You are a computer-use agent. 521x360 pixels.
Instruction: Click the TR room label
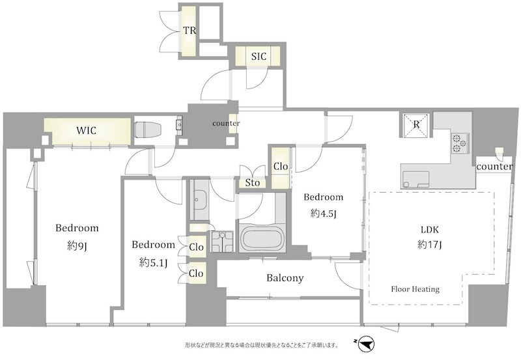(x=190, y=31)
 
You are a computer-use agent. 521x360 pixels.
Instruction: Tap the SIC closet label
(x=259, y=57)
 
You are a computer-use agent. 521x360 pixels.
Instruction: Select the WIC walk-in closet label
(x=87, y=130)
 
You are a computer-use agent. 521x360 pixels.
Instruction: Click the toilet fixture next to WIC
(x=148, y=129)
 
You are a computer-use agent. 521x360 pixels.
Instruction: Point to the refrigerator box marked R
(x=416, y=125)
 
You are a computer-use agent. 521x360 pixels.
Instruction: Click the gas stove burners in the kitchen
(x=460, y=143)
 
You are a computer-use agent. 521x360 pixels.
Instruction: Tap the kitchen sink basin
(x=415, y=180)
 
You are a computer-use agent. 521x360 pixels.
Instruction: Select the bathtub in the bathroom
(x=262, y=238)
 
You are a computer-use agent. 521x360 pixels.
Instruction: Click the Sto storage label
(x=252, y=183)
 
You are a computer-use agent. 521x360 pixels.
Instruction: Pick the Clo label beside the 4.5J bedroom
(x=281, y=166)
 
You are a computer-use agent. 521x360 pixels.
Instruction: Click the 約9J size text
(x=77, y=246)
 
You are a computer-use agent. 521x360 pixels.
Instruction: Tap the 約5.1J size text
(x=153, y=263)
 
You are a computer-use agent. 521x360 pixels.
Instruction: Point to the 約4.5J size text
(x=323, y=214)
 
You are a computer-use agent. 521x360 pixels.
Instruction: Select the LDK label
(x=430, y=229)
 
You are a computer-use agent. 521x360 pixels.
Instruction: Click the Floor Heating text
(x=415, y=289)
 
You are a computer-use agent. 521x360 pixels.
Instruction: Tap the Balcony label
(x=285, y=277)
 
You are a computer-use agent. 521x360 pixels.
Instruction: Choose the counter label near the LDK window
(x=494, y=167)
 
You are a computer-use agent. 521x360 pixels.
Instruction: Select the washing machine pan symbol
(x=222, y=242)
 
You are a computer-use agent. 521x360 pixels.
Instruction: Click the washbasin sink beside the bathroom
(x=200, y=201)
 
